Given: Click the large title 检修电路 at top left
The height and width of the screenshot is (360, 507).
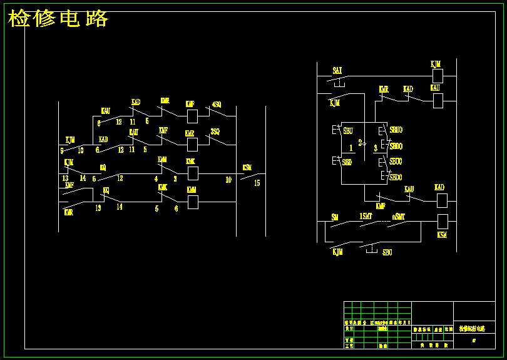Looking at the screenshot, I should click(x=58, y=19).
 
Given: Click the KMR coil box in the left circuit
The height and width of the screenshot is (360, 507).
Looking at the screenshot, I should click(x=192, y=145).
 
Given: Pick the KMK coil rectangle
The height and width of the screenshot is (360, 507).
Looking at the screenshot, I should click(x=193, y=173).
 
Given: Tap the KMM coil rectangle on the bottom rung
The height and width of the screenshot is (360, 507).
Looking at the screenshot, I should click(x=193, y=202).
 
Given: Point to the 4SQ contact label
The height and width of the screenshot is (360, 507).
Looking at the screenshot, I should click(x=217, y=105).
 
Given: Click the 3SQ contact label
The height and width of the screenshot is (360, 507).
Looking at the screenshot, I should click(x=215, y=132).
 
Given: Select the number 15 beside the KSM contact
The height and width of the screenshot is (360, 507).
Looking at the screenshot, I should click(x=257, y=183).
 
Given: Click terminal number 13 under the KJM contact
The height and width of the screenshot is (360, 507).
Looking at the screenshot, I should click(x=65, y=178).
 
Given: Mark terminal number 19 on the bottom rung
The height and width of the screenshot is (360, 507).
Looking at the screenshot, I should click(x=98, y=208).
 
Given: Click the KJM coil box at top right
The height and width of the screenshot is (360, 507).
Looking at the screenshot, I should click(x=438, y=76).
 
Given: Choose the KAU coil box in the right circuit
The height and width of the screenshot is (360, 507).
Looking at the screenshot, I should click(x=438, y=100).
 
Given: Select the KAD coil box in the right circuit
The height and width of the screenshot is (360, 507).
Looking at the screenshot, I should click(x=442, y=200).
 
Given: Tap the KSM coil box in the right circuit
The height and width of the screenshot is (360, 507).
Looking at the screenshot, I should click(x=443, y=221).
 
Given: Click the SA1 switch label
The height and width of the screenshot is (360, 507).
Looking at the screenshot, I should click(x=337, y=69).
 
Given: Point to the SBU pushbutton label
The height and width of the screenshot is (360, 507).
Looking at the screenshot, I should click(x=348, y=131).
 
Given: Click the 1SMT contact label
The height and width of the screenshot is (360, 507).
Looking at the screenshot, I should click(x=366, y=217).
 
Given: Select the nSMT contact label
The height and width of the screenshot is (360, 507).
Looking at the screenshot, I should click(x=399, y=217).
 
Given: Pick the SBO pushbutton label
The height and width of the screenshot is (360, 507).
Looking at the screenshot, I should click(x=387, y=252).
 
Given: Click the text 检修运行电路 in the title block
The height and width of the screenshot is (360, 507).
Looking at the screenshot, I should click(x=473, y=328).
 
